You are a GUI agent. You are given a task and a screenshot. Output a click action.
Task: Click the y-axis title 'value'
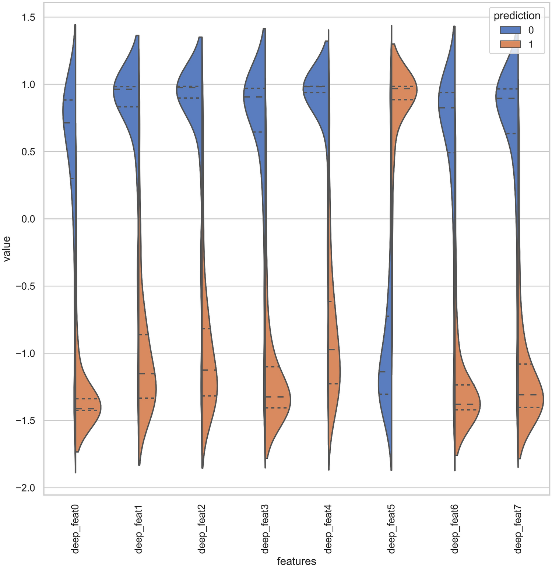click(x=7, y=249)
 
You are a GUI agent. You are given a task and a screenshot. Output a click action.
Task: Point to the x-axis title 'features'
click(x=296, y=561)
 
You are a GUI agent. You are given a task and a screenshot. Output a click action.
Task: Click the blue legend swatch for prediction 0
click(x=510, y=30)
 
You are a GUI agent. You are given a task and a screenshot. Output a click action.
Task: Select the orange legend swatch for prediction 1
click(x=510, y=44)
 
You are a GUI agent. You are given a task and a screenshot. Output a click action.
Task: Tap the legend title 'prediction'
click(x=517, y=16)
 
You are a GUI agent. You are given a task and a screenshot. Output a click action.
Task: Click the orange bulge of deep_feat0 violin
click(x=87, y=409)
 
